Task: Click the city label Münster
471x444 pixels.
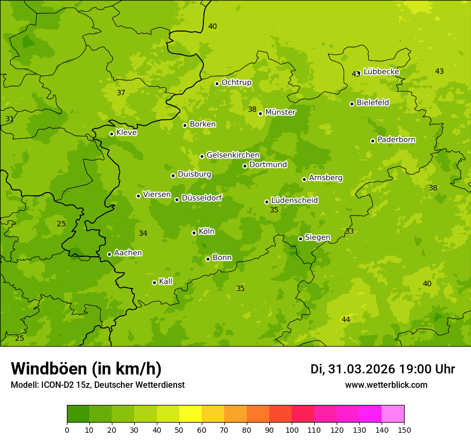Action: click(280, 112)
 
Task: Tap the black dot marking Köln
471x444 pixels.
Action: click(194, 233)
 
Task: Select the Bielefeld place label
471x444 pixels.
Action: click(373, 103)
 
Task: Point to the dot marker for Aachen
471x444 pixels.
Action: click(109, 254)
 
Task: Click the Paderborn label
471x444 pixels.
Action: click(396, 140)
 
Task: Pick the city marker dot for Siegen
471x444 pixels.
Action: click(300, 239)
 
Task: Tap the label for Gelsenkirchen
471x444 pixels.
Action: click(233, 155)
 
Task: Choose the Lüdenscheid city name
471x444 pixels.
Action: click(294, 201)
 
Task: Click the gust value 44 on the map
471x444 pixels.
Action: click(346, 319)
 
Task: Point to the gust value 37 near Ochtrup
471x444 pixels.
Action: click(121, 93)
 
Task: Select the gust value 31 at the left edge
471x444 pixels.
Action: click(10, 119)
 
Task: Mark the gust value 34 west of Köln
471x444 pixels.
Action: click(143, 233)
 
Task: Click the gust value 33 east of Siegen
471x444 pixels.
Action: click(350, 231)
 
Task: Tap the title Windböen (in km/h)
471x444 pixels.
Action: click(86, 369)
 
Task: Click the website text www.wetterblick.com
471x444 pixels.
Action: click(386, 385)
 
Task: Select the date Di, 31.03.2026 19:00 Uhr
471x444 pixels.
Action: click(382, 369)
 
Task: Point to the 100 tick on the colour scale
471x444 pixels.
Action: click(292, 430)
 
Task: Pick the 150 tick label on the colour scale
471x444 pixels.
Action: click(404, 430)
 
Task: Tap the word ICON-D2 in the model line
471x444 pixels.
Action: click(57, 385)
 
